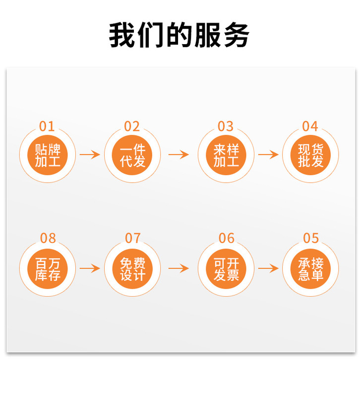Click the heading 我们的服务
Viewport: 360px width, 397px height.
179,35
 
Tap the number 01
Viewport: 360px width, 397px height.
48,126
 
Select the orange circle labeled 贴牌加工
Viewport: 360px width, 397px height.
48,155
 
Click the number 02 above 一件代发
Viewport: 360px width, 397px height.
132,126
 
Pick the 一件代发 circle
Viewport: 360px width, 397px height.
132,155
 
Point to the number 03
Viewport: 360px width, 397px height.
226,126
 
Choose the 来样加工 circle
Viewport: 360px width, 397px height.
226,155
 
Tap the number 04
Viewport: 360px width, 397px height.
310,126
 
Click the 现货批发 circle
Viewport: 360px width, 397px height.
310,155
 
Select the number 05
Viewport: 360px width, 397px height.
311,238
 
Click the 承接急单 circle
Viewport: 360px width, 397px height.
310,268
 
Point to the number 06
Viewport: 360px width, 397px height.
226,238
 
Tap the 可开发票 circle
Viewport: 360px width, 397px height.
226,268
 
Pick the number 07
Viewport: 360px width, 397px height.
132,238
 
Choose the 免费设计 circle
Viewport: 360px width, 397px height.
132,268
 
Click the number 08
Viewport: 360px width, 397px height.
48,238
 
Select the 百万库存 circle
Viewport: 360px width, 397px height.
48,268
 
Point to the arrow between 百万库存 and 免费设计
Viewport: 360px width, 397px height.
90,268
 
